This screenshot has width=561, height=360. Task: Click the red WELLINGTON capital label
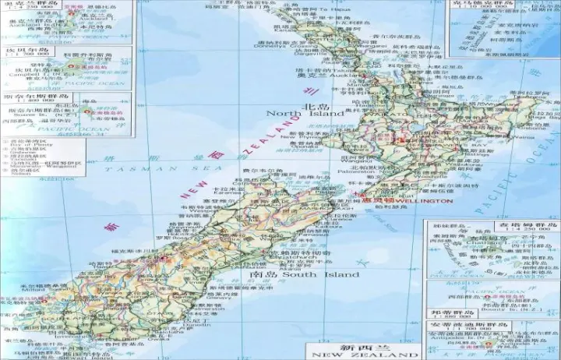pyautogui.click(x=425, y=200)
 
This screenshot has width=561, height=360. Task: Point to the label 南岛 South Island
pyautogui.click(x=305, y=274)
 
